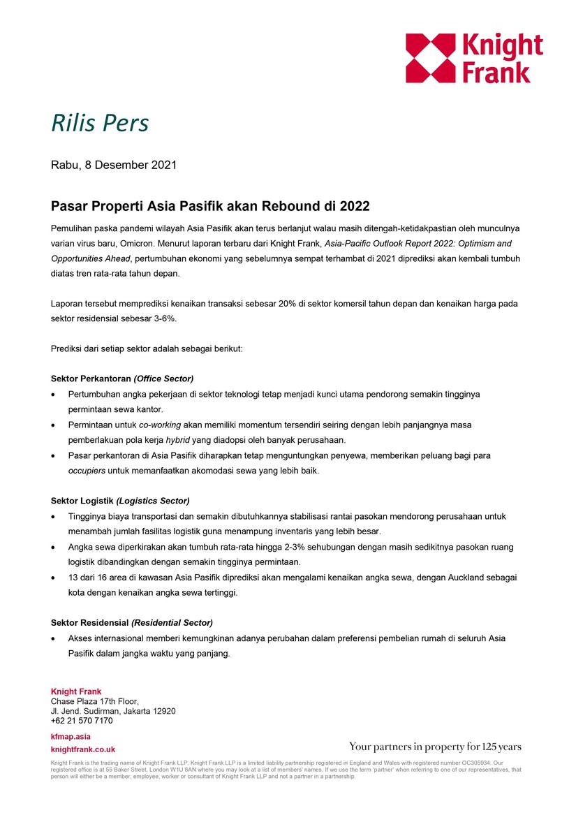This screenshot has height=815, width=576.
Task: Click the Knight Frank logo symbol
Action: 429,58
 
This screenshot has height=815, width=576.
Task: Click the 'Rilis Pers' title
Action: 100,123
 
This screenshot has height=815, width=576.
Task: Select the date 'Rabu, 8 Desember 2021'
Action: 114,166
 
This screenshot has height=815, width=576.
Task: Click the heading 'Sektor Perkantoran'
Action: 91,379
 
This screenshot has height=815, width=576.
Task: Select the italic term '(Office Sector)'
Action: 163,379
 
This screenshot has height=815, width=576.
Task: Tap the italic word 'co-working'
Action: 160,425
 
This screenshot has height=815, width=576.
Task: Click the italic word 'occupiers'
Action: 87,471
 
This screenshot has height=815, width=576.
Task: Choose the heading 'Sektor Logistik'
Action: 82,501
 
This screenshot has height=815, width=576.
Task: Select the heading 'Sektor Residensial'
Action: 90,622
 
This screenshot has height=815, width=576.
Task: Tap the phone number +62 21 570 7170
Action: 82,721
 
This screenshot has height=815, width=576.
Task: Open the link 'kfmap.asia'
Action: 71,736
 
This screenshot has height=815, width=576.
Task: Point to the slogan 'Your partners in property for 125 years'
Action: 435,747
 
